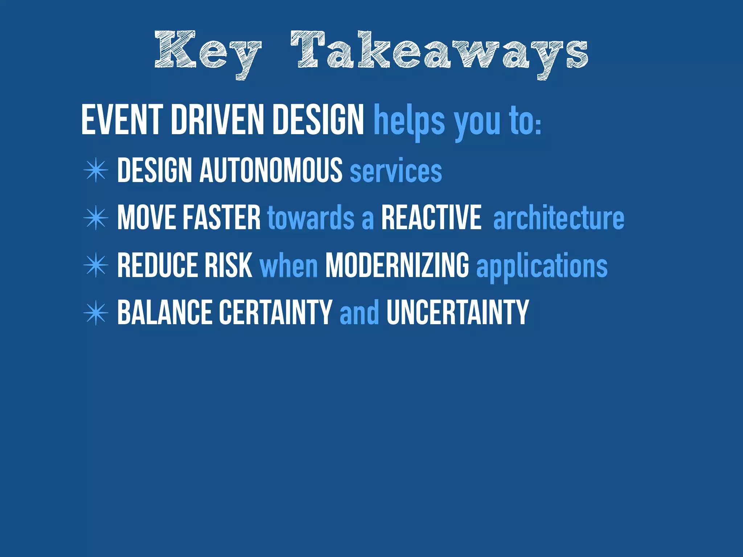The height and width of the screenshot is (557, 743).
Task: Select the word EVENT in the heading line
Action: point(122,120)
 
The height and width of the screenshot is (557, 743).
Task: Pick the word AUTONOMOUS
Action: point(271,170)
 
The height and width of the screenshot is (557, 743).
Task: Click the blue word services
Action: point(396,172)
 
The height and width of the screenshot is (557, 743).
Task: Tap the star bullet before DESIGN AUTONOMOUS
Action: point(96,170)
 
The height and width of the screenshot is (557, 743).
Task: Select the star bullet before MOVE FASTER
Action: point(96,218)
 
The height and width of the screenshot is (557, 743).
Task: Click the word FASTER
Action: point(222,218)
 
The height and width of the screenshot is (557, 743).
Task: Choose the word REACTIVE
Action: point(431,218)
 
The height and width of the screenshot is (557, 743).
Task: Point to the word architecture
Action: point(559,218)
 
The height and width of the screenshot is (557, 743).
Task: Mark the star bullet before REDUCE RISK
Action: point(96,265)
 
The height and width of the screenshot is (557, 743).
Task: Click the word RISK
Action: point(228,265)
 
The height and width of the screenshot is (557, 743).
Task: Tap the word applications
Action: point(542,267)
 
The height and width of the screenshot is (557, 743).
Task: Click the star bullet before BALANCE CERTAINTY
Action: point(96,313)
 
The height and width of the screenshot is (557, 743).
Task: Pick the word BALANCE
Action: point(165,313)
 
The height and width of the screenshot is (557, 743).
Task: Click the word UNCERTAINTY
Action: point(458,313)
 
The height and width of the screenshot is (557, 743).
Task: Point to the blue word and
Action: point(359,313)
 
